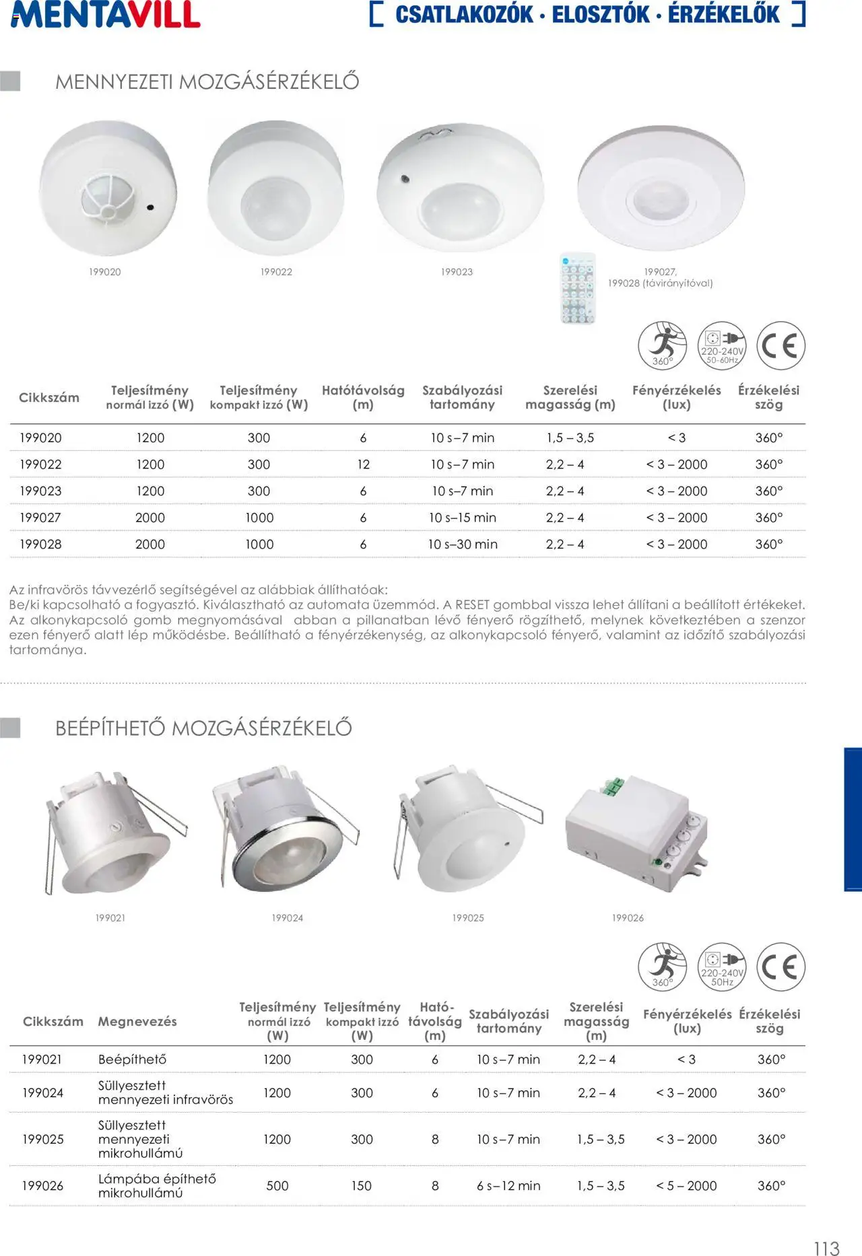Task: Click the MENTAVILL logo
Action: (106, 15)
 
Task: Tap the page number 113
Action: (826, 1243)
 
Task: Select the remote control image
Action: (578, 288)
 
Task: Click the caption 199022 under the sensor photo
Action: (276, 272)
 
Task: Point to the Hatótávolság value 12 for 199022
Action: (363, 464)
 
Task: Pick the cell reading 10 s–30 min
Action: (463, 545)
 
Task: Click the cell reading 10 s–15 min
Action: (463, 518)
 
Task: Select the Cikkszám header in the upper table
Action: (48, 397)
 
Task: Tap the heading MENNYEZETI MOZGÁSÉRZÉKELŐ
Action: (207, 81)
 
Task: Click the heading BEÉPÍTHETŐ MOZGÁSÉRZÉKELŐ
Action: (203, 728)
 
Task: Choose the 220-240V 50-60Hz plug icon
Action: (722, 345)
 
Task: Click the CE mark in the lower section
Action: (781, 967)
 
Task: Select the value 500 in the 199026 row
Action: (277, 1185)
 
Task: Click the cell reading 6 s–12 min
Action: (508, 1185)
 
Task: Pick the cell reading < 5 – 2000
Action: (686, 1185)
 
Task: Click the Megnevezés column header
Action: (137, 1021)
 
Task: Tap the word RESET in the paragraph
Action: (472, 604)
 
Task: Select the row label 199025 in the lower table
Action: (42, 1139)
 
